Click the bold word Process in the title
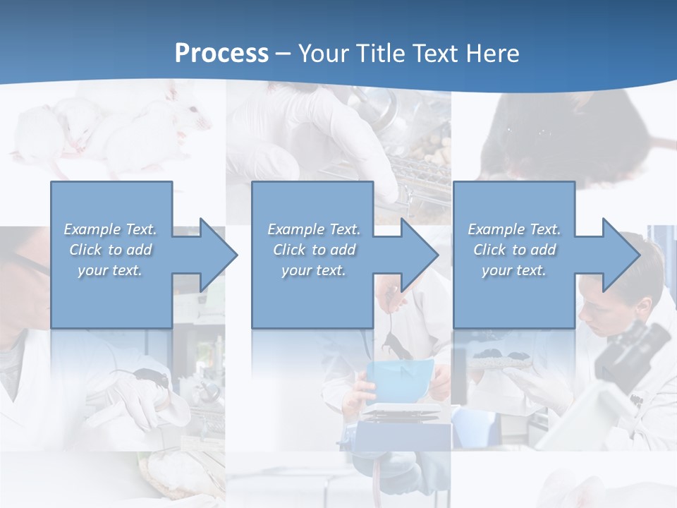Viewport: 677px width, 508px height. (221, 54)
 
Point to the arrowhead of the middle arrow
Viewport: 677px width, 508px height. (418, 255)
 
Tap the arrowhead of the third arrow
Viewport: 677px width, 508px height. (620, 255)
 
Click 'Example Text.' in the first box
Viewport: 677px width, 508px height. (111, 229)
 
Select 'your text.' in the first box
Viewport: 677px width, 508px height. (111, 270)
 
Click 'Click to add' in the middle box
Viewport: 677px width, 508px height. (314, 250)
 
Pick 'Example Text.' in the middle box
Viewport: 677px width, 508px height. (314, 229)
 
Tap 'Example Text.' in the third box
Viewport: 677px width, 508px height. (514, 229)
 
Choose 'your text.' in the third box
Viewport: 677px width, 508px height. (514, 270)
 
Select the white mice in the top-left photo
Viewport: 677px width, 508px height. (106, 131)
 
